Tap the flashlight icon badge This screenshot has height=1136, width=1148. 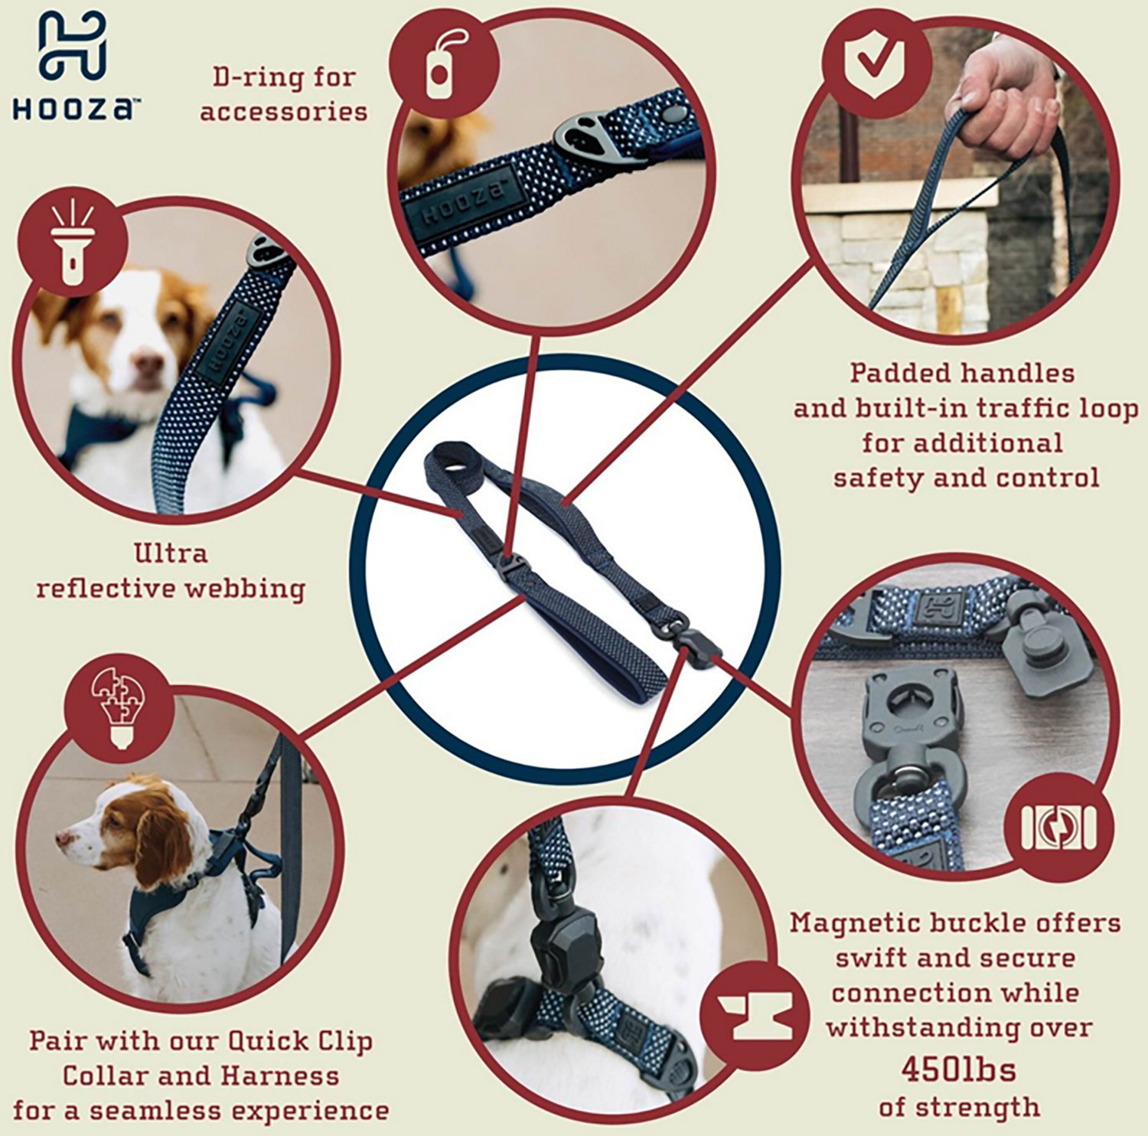pyautogui.click(x=73, y=243)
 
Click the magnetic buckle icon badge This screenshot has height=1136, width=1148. pyautogui.click(x=1059, y=829)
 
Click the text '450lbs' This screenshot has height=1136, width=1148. pyautogui.click(x=958, y=1069)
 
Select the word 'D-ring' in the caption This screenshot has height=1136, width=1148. pyautogui.click(x=246, y=77)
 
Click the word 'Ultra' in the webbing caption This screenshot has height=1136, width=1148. pyautogui.click(x=170, y=553)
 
